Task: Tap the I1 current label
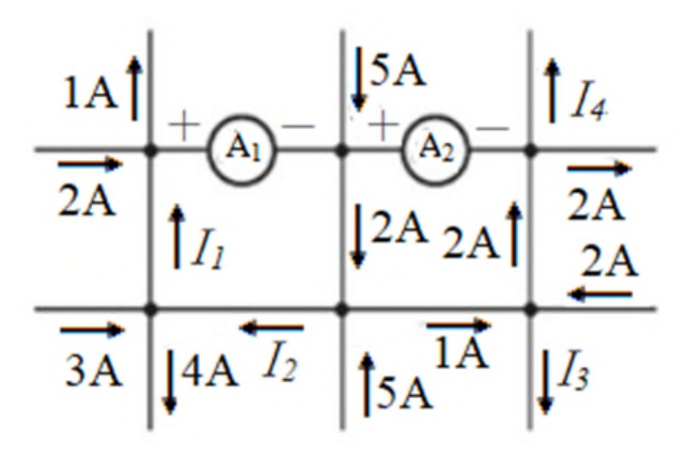(208, 251)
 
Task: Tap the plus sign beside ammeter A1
(183, 125)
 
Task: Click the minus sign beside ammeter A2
(493, 128)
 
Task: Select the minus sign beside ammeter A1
(298, 127)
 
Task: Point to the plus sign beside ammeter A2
(383, 125)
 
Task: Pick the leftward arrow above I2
(272, 327)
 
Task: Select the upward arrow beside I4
(552, 90)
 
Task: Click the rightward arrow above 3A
(92, 329)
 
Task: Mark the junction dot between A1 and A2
(341, 151)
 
